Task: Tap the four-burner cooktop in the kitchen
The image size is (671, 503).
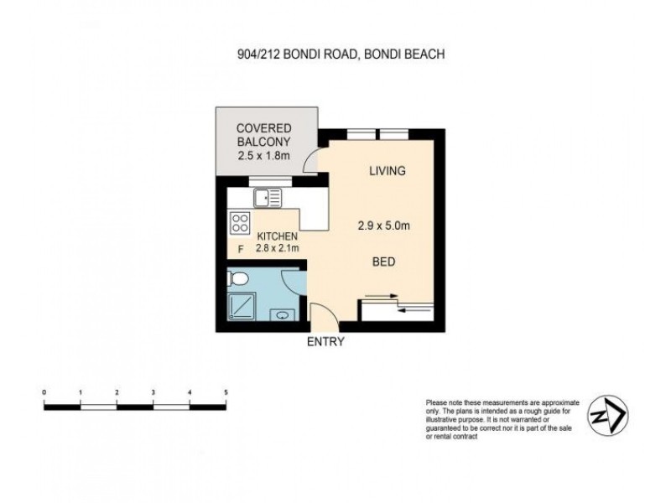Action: [239, 224]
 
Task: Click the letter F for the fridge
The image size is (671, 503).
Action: [241, 249]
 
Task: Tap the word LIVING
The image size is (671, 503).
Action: [388, 171]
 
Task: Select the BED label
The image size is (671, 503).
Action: [383, 262]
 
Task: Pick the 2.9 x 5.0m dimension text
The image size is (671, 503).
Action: [388, 224]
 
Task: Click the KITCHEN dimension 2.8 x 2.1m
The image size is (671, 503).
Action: [278, 249]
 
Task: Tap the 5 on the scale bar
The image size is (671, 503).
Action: [226, 392]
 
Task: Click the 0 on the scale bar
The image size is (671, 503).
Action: [44, 392]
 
